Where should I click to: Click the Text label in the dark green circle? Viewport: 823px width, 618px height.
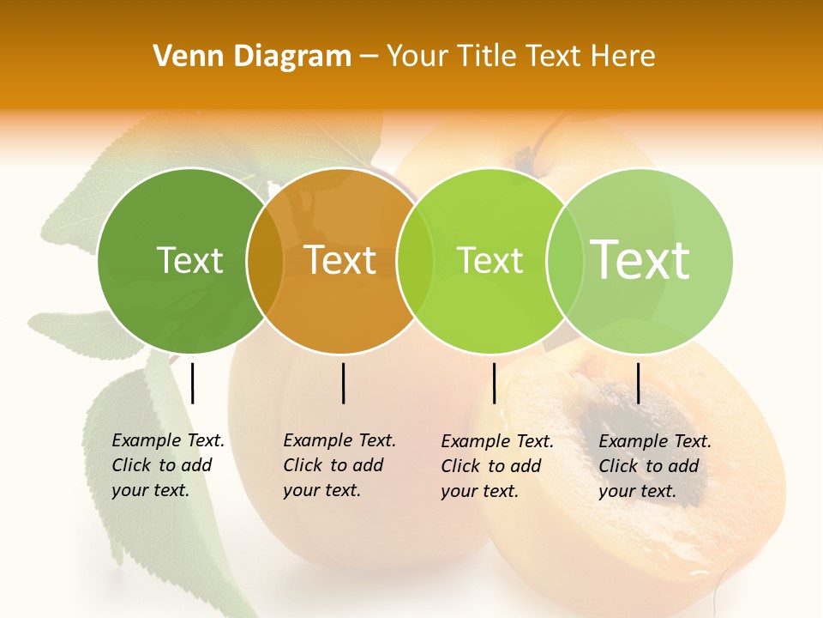point(189,260)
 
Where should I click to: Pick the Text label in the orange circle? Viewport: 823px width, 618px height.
point(340,260)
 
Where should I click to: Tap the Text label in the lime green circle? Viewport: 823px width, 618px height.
point(490,260)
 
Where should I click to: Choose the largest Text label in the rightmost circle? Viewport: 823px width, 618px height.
point(640,260)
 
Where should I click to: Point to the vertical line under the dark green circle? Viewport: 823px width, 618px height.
point(193,383)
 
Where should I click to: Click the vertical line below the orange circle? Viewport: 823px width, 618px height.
point(343,383)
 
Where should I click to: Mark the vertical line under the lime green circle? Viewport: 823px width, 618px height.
point(494,383)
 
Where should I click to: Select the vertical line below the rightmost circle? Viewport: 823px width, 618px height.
point(638,383)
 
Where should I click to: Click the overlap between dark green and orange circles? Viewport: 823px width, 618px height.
point(265,261)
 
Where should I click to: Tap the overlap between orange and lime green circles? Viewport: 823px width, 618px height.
point(414,261)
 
